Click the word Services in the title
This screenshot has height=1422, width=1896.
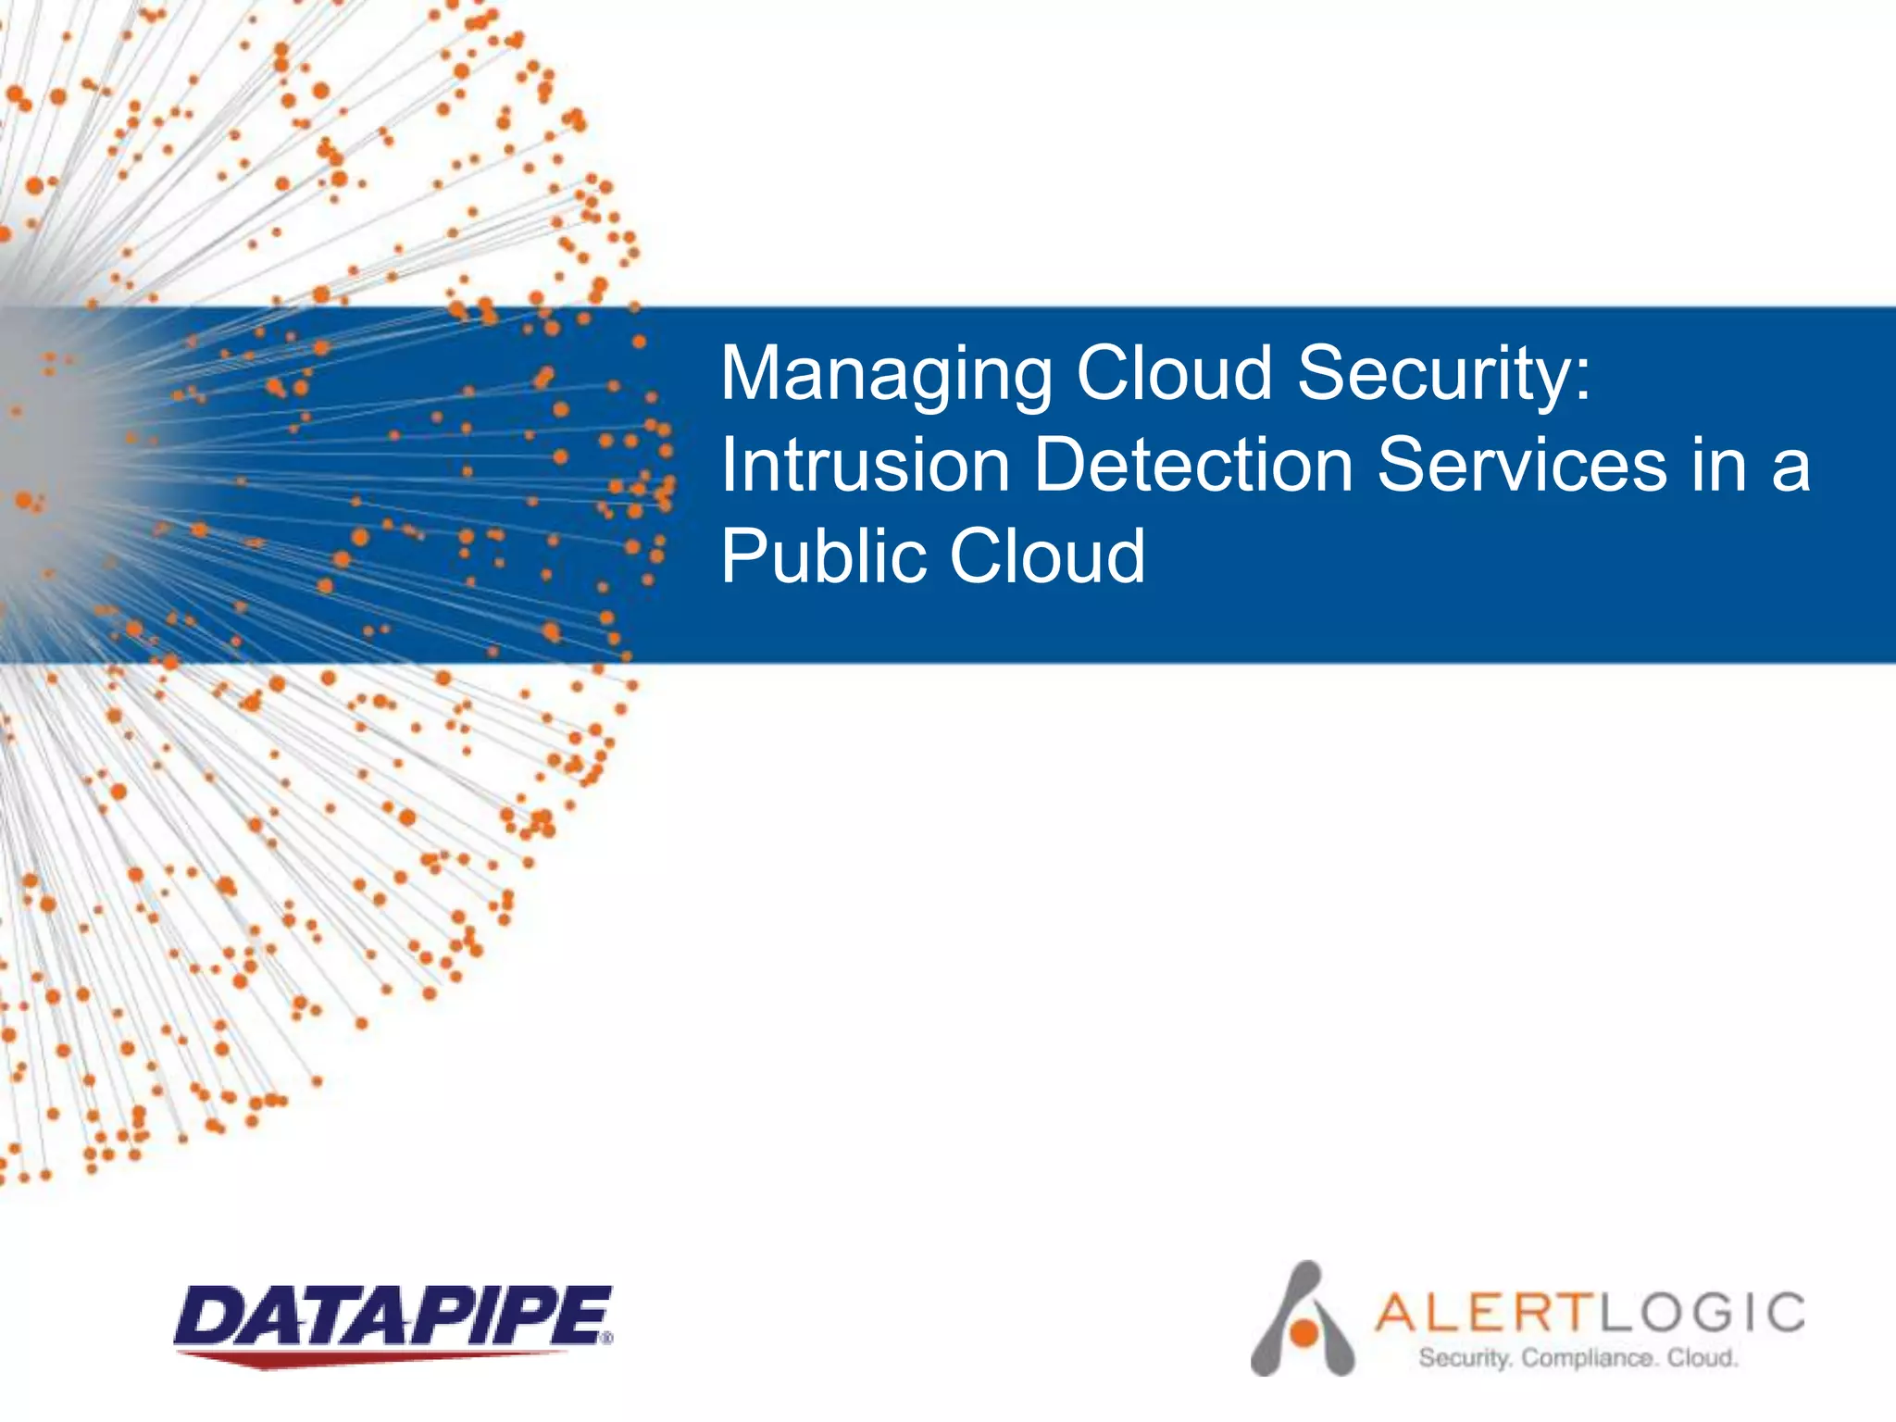point(1523,464)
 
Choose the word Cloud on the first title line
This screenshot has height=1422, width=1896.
point(1175,373)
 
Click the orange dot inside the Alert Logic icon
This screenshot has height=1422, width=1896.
point(1304,1332)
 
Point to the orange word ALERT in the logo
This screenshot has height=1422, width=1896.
point(1485,1312)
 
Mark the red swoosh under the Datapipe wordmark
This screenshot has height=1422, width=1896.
point(370,1358)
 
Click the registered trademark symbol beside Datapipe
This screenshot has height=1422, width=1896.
point(606,1338)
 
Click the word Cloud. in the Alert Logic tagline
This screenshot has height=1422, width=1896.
point(1703,1358)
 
